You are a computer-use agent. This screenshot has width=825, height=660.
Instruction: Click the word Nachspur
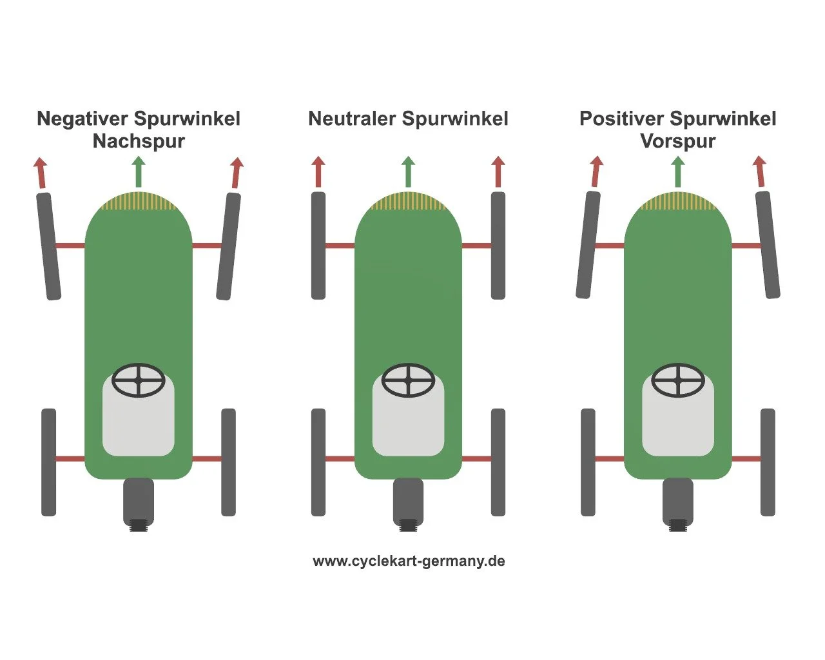[x=139, y=141]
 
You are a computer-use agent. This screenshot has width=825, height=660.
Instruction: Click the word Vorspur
[x=677, y=141]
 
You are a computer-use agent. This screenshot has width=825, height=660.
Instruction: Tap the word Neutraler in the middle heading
[x=352, y=119]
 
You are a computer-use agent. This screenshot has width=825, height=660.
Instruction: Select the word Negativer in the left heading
[x=83, y=119]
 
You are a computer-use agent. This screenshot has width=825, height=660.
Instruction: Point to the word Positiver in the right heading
[x=621, y=119]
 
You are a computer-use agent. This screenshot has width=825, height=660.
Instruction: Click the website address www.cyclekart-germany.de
[x=409, y=561]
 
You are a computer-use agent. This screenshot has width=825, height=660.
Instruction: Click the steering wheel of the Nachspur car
[x=139, y=380]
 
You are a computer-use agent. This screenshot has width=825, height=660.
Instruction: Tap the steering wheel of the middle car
[x=408, y=380]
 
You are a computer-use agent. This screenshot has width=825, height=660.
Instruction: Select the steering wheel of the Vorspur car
[x=677, y=380]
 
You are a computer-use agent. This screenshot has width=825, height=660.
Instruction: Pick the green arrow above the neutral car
[x=408, y=171]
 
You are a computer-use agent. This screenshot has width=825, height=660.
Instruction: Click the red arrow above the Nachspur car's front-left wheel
[x=41, y=172]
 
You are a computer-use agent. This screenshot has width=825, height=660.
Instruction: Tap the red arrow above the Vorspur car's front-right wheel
[x=761, y=171]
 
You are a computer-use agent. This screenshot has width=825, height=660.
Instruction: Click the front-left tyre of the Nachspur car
[x=48, y=246]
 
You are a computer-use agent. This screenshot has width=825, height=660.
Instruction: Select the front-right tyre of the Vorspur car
[x=767, y=245]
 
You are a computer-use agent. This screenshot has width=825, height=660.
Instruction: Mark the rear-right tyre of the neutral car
[x=498, y=462]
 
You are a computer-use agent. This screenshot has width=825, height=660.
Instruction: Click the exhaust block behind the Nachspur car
[x=139, y=501]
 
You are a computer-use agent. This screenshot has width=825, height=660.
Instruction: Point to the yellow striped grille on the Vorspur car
[x=677, y=202]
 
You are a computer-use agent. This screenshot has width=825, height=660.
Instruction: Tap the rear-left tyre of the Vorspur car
[x=588, y=462]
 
